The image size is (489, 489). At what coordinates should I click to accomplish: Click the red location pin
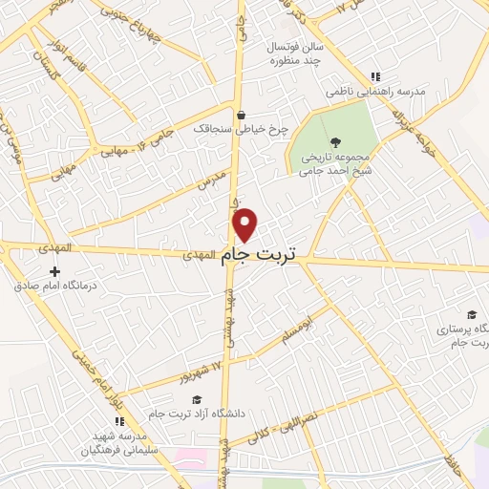[245, 224]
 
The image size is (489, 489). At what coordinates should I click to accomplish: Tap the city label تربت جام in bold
[259, 255]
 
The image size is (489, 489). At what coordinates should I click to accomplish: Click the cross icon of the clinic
[54, 272]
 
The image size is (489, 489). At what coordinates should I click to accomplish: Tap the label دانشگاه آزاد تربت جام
[197, 414]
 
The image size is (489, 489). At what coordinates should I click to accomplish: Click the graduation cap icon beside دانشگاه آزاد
[197, 400]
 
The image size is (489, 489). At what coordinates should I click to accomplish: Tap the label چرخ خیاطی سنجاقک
[226, 126]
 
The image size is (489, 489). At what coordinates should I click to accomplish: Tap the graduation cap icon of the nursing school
[471, 314]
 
